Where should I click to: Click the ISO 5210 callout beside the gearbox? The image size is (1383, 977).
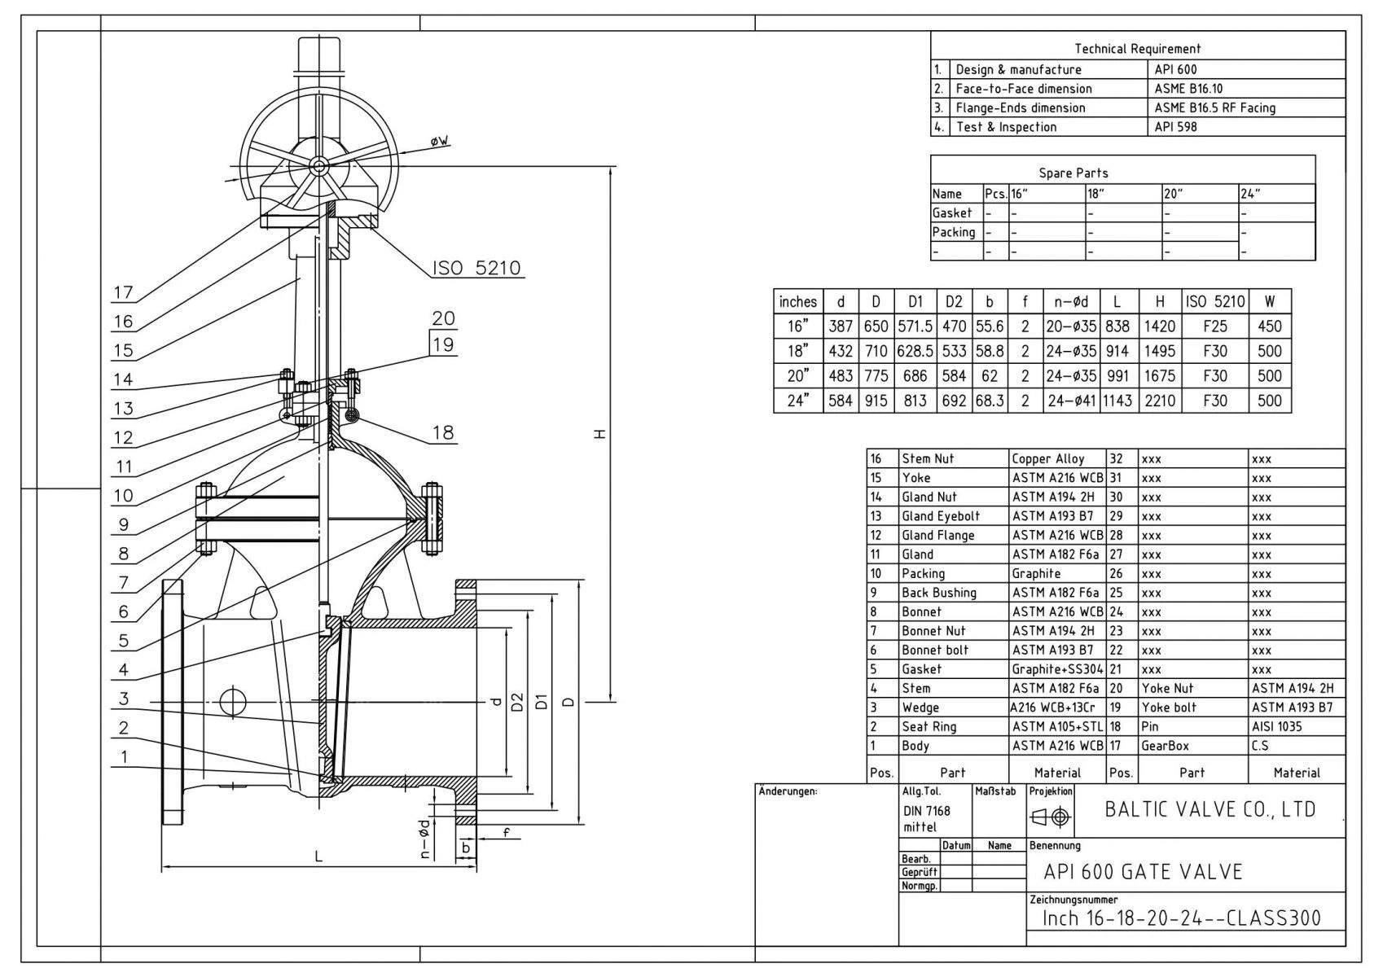point(476,268)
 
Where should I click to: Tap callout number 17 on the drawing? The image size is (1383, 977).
point(123,292)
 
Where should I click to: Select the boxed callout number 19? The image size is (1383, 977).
point(443,344)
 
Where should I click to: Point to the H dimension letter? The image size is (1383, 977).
point(600,433)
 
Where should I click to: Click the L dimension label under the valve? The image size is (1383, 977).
point(319,856)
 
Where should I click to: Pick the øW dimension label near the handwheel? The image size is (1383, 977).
point(439,142)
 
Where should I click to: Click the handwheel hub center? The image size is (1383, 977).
point(318,166)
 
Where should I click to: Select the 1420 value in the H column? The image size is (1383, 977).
point(1159,326)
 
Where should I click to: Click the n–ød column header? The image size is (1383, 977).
point(1071,302)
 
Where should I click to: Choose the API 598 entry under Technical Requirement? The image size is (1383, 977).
point(1175,127)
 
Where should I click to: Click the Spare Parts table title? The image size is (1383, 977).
point(1073,173)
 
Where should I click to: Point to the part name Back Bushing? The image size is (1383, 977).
point(938,593)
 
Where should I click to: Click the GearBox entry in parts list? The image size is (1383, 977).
point(1165,746)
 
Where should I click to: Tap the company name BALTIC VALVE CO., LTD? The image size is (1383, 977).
point(1210,809)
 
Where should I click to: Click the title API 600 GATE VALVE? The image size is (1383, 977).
point(1143,872)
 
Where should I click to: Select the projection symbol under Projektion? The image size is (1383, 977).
point(1051,817)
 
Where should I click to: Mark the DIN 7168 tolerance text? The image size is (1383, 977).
point(926,811)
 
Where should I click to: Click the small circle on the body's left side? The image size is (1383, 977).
point(232,700)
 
